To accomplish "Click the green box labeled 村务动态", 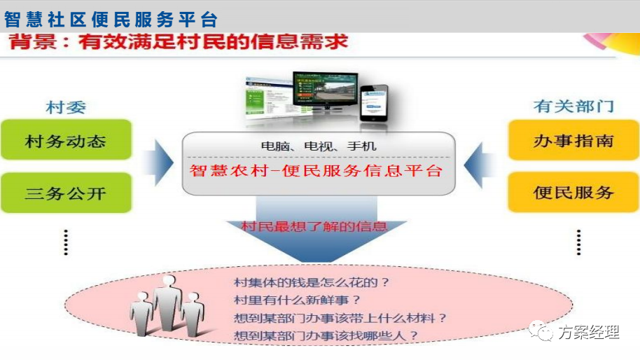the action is click(x=66, y=139).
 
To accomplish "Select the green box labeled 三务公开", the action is click(x=66, y=193).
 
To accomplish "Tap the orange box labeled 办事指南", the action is click(x=573, y=140).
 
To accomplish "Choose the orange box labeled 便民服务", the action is click(x=573, y=192).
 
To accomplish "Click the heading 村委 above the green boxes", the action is click(x=66, y=107).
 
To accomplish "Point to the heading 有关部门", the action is click(x=573, y=106).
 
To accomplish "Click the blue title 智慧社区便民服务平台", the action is click(x=111, y=19).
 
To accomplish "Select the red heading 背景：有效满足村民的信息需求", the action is click(x=179, y=41).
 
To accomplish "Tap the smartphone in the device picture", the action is click(x=373, y=103).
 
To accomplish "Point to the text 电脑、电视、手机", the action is click(x=319, y=146).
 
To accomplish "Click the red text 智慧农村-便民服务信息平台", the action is click(x=316, y=171).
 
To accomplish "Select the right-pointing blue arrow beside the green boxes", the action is click(x=158, y=162).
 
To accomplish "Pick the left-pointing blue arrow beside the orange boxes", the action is click(x=480, y=165).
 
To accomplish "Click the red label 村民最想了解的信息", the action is click(x=314, y=226).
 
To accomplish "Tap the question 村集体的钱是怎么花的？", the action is click(x=312, y=282).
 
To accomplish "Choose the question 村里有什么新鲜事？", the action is click(x=297, y=300).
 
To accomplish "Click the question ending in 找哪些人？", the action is click(x=326, y=335).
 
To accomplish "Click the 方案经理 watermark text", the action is click(x=589, y=332).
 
